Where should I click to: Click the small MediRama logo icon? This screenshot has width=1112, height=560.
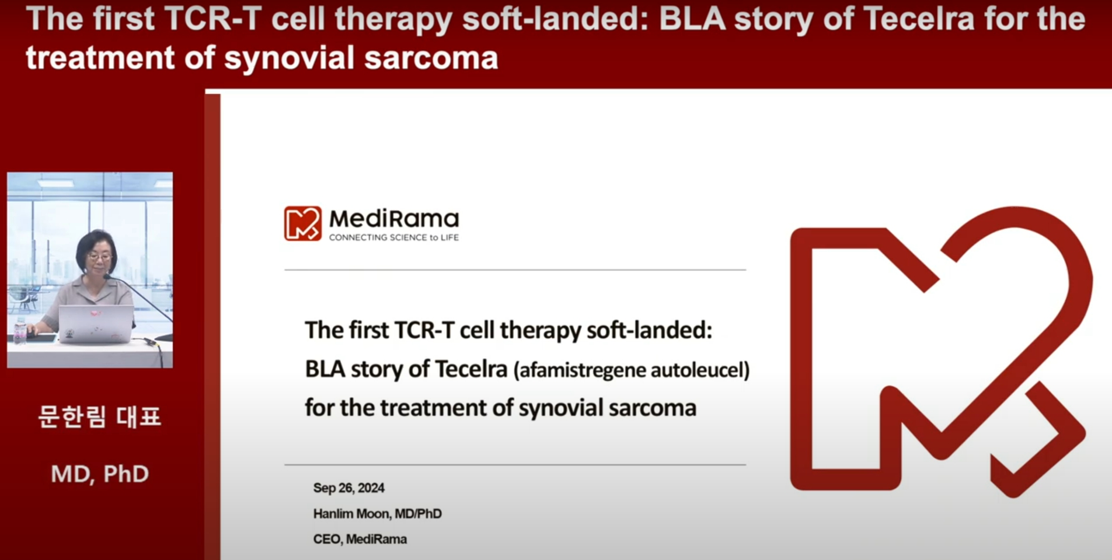pyautogui.click(x=302, y=223)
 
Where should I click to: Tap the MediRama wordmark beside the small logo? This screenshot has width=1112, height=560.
pyautogui.click(x=394, y=219)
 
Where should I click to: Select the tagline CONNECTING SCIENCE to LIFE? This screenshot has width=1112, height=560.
pyautogui.click(x=394, y=237)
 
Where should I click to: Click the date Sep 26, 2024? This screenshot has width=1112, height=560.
pyautogui.click(x=349, y=488)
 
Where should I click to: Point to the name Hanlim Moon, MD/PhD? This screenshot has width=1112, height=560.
pyautogui.click(x=378, y=513)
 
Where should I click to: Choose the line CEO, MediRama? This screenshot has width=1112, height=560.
pyautogui.click(x=360, y=539)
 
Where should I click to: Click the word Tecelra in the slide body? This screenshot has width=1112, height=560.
pyautogui.click(x=471, y=369)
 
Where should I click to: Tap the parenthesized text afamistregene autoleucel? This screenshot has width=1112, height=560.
pyautogui.click(x=632, y=370)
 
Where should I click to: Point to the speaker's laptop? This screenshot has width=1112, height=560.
pyautogui.click(x=96, y=324)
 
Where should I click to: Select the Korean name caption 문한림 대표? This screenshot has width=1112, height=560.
pyautogui.click(x=99, y=416)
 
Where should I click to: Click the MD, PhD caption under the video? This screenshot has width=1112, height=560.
pyautogui.click(x=100, y=474)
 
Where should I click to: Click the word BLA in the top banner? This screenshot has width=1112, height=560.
pyautogui.click(x=692, y=19)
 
